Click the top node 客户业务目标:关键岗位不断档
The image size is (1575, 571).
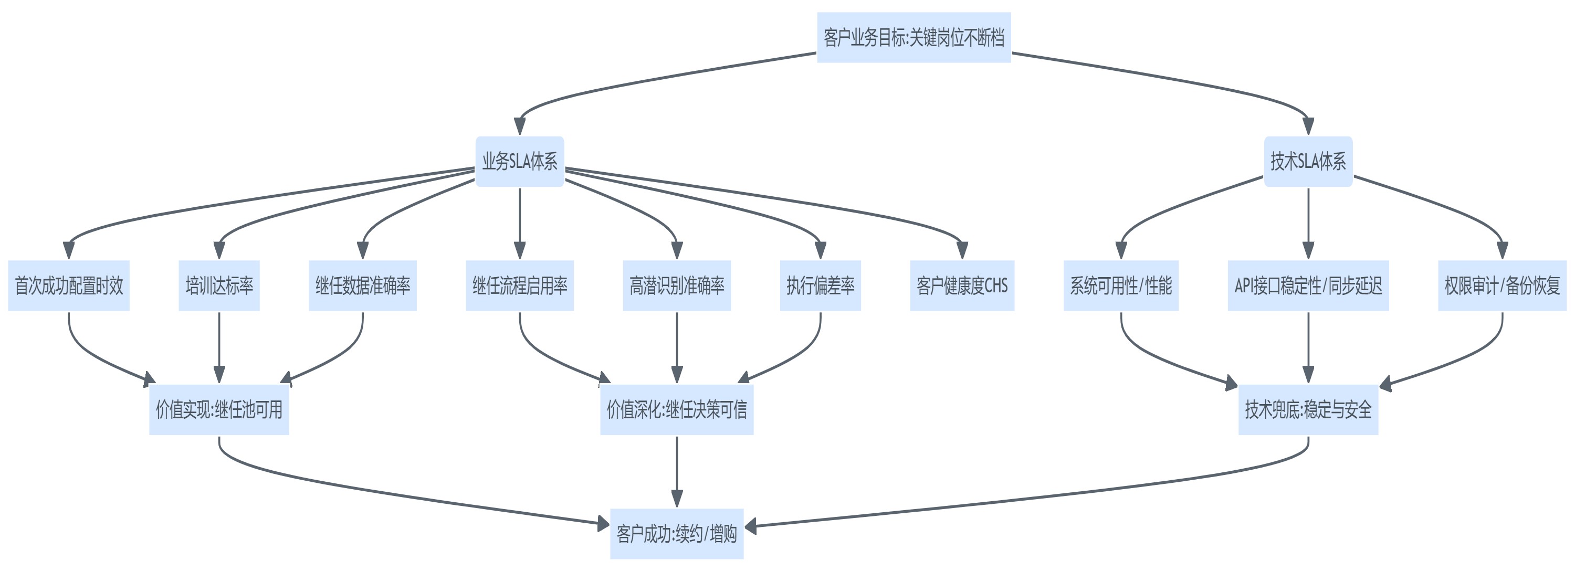913,37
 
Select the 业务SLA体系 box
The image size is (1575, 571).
520,162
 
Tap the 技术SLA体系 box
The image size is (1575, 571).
1308,162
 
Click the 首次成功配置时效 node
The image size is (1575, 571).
68,285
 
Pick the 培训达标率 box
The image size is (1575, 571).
219,285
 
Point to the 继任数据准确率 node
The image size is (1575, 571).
363,285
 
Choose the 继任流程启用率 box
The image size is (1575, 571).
520,285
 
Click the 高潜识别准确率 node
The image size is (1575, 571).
677,285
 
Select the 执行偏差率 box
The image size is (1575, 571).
820,285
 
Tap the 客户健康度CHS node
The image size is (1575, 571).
962,285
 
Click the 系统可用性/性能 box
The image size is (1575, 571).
1121,285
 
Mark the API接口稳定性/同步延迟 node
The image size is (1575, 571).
1308,285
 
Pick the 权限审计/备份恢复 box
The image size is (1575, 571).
1501,285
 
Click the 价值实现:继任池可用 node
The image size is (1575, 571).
219,409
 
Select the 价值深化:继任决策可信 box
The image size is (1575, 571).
677,409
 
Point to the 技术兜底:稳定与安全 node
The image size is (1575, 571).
1308,409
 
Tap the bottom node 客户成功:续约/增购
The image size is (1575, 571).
677,534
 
